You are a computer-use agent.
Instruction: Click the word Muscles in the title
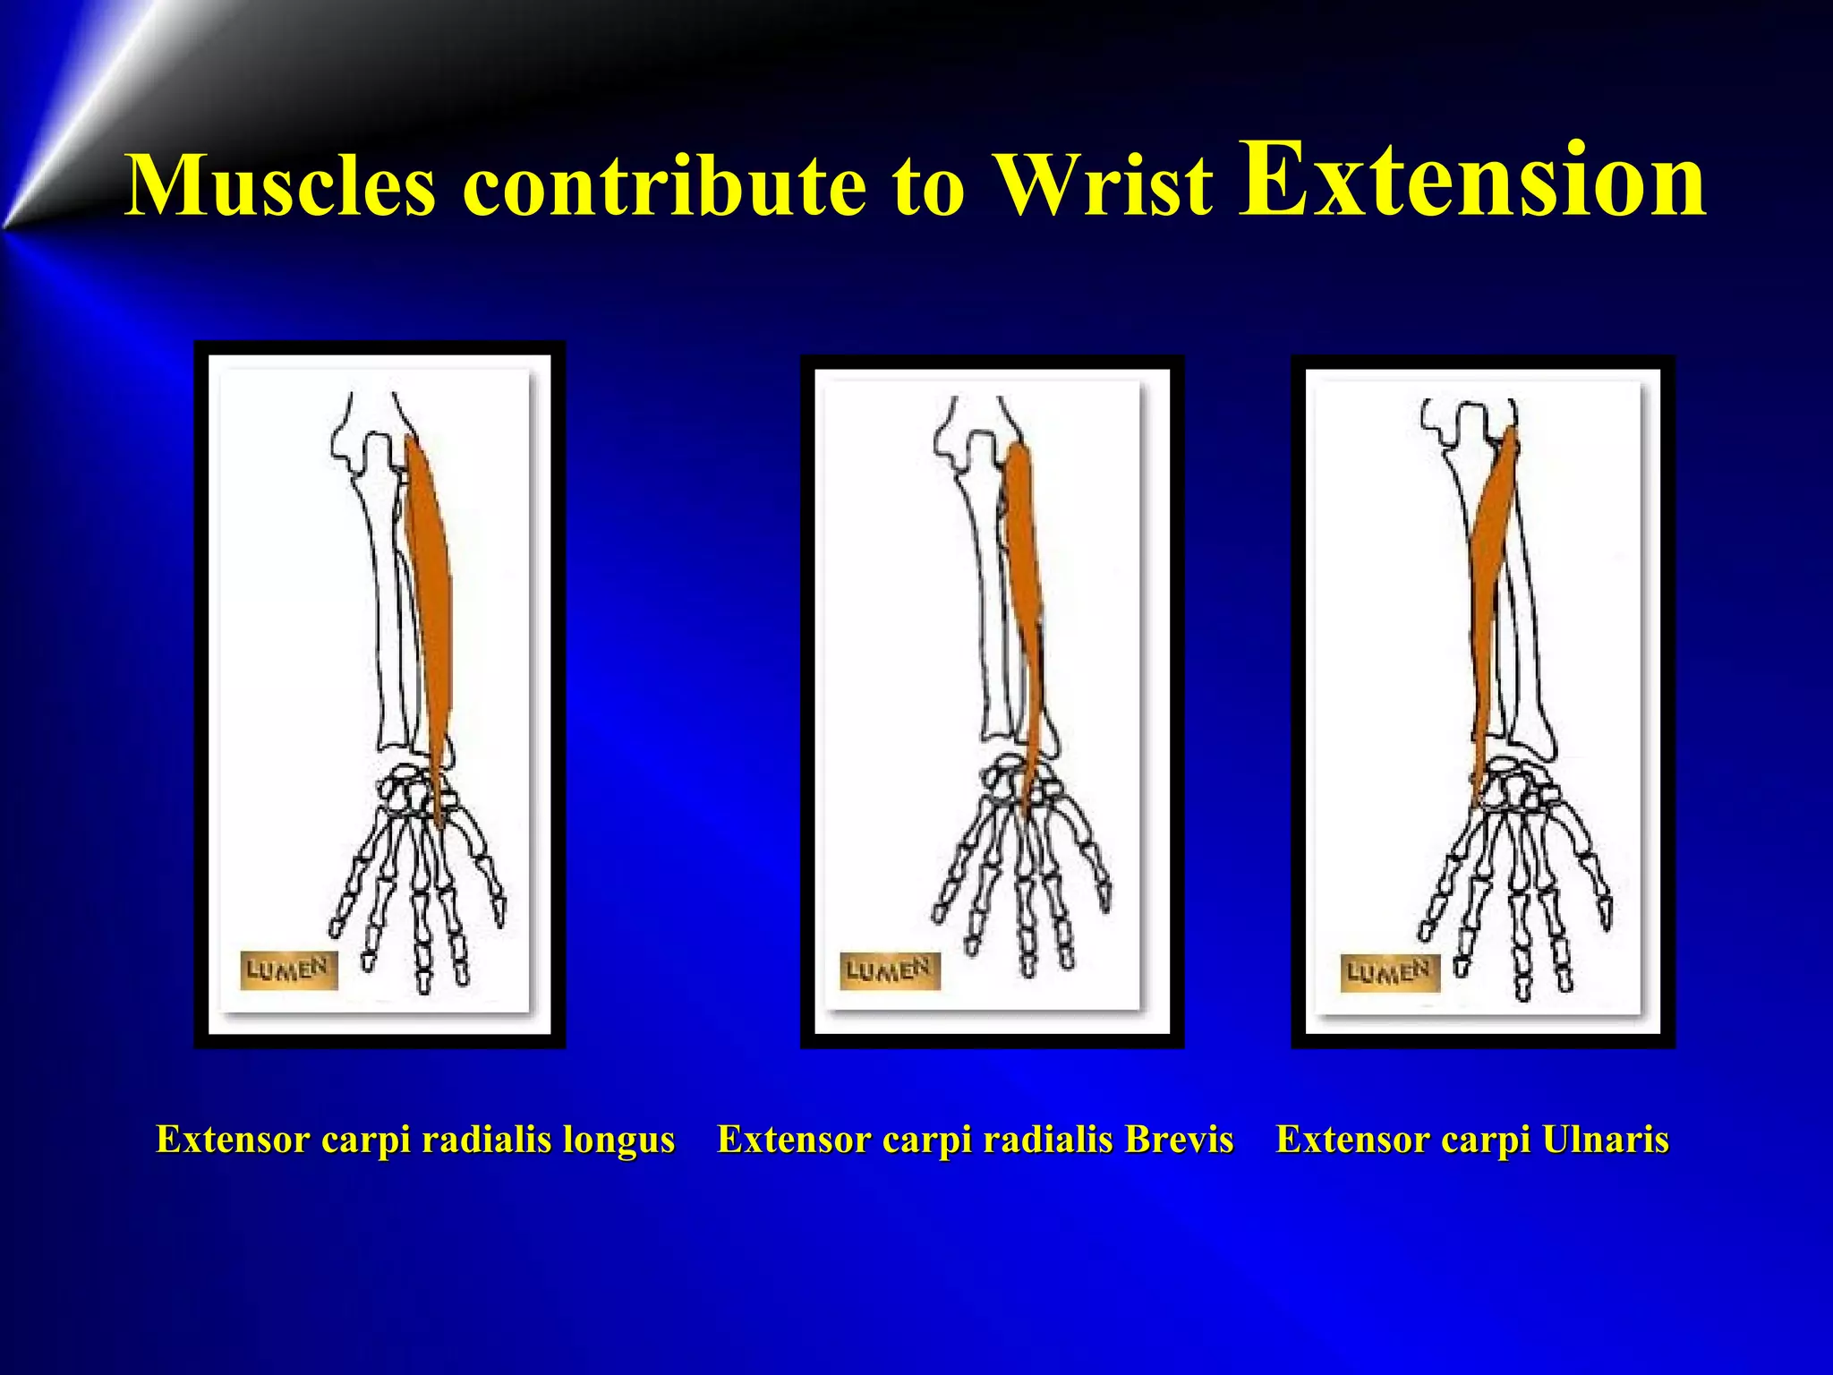[x=280, y=185]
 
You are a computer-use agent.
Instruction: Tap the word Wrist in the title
[x=1105, y=185]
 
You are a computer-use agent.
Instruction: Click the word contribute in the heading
[x=664, y=185]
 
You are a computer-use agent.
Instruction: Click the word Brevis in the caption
[x=1179, y=1140]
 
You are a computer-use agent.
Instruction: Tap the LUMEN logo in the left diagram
[x=288, y=970]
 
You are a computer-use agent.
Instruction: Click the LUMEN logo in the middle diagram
[x=890, y=970]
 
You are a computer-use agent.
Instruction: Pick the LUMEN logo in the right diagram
[x=1389, y=972]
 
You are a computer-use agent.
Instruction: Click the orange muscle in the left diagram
[x=431, y=582]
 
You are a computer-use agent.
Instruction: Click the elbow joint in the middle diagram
[x=976, y=439]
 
